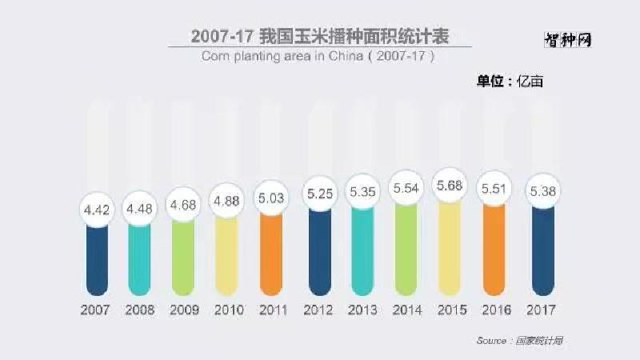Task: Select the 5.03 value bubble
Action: (x=272, y=197)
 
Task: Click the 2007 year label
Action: (x=96, y=310)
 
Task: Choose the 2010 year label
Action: (x=228, y=310)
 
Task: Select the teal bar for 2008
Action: (x=141, y=260)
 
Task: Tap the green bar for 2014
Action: (x=406, y=252)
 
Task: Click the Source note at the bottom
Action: (x=520, y=340)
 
